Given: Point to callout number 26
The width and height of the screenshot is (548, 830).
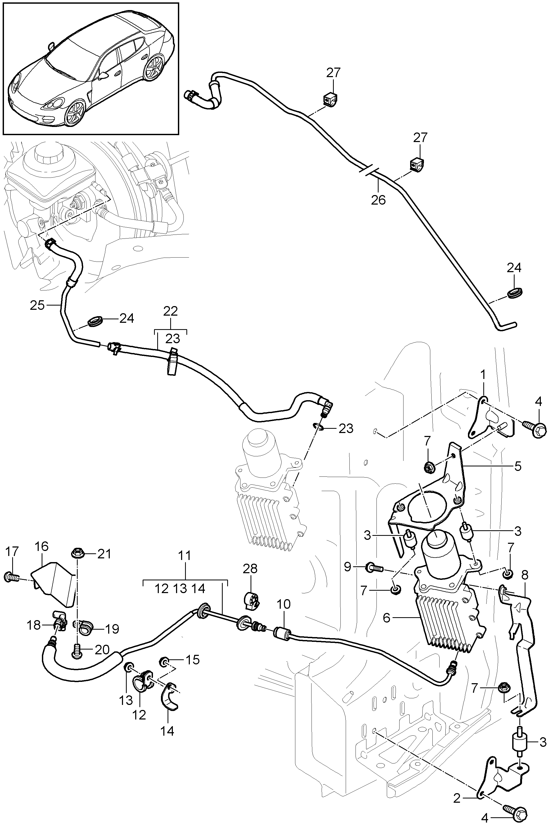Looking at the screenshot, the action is pos(378,200).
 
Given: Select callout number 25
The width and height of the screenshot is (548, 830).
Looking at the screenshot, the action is pos(37,305).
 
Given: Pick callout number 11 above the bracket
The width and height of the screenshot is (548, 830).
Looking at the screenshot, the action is pos(185,565).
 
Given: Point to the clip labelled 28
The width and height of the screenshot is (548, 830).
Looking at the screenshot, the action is pos(251,600).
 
